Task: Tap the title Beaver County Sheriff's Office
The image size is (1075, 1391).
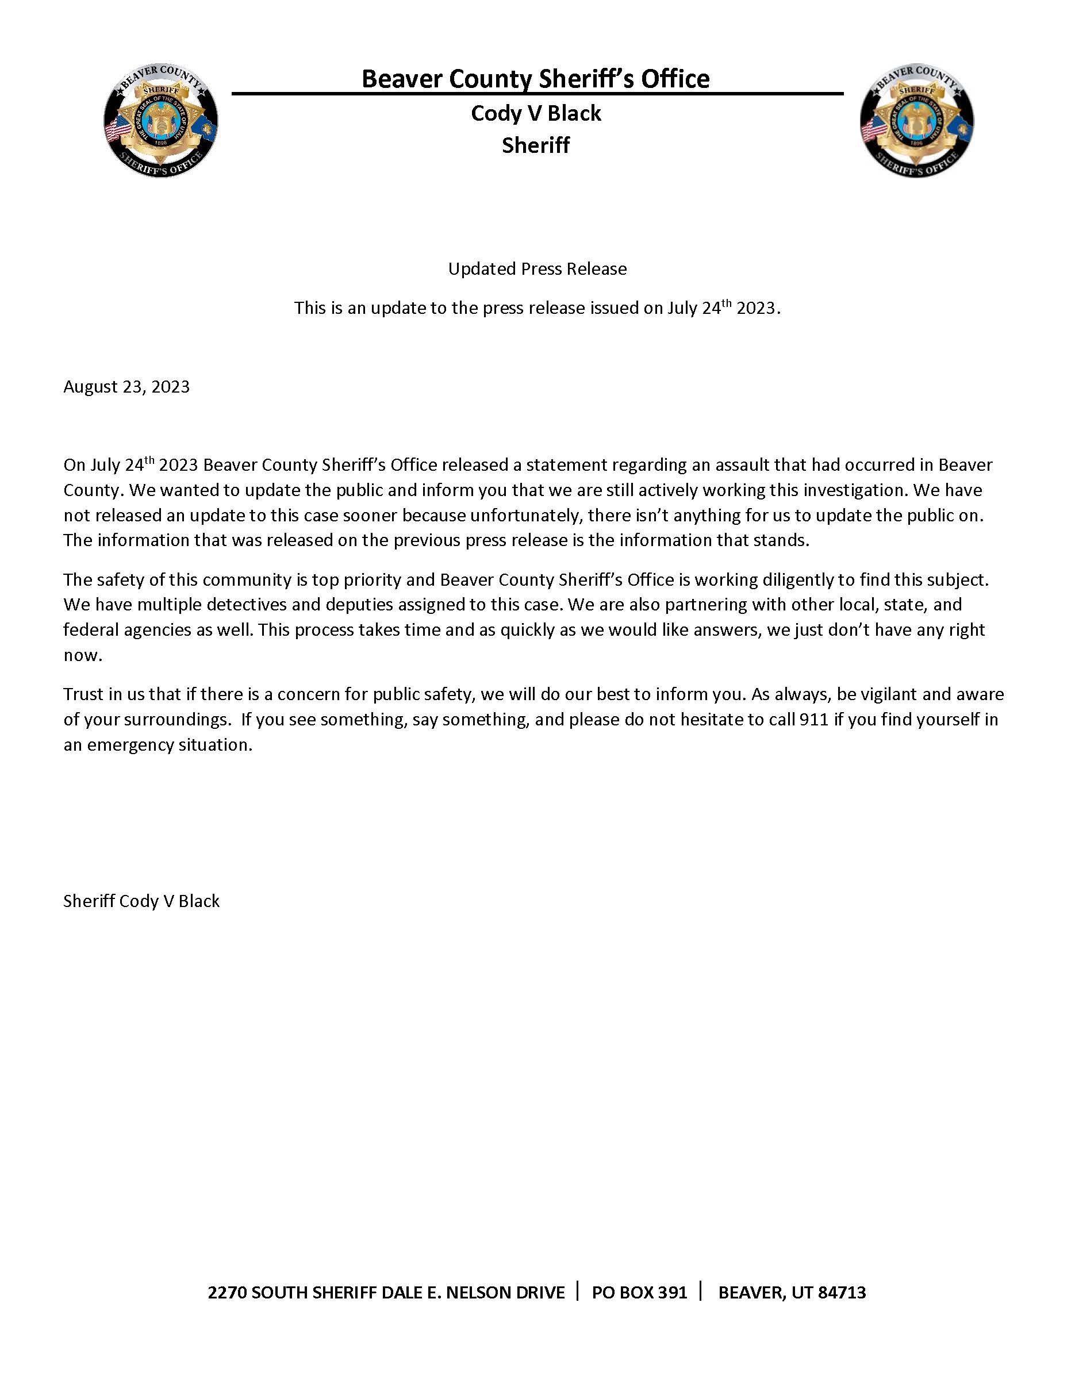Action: (x=535, y=79)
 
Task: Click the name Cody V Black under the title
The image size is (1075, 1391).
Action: (x=536, y=113)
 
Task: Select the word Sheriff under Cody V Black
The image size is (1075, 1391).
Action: (x=536, y=145)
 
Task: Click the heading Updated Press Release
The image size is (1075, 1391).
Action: (x=537, y=269)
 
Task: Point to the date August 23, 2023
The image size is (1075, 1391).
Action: (x=126, y=387)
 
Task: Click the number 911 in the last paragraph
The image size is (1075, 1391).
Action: (x=815, y=719)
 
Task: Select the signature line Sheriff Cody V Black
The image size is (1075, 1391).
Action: (x=141, y=901)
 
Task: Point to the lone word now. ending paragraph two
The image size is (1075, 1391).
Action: (x=83, y=655)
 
